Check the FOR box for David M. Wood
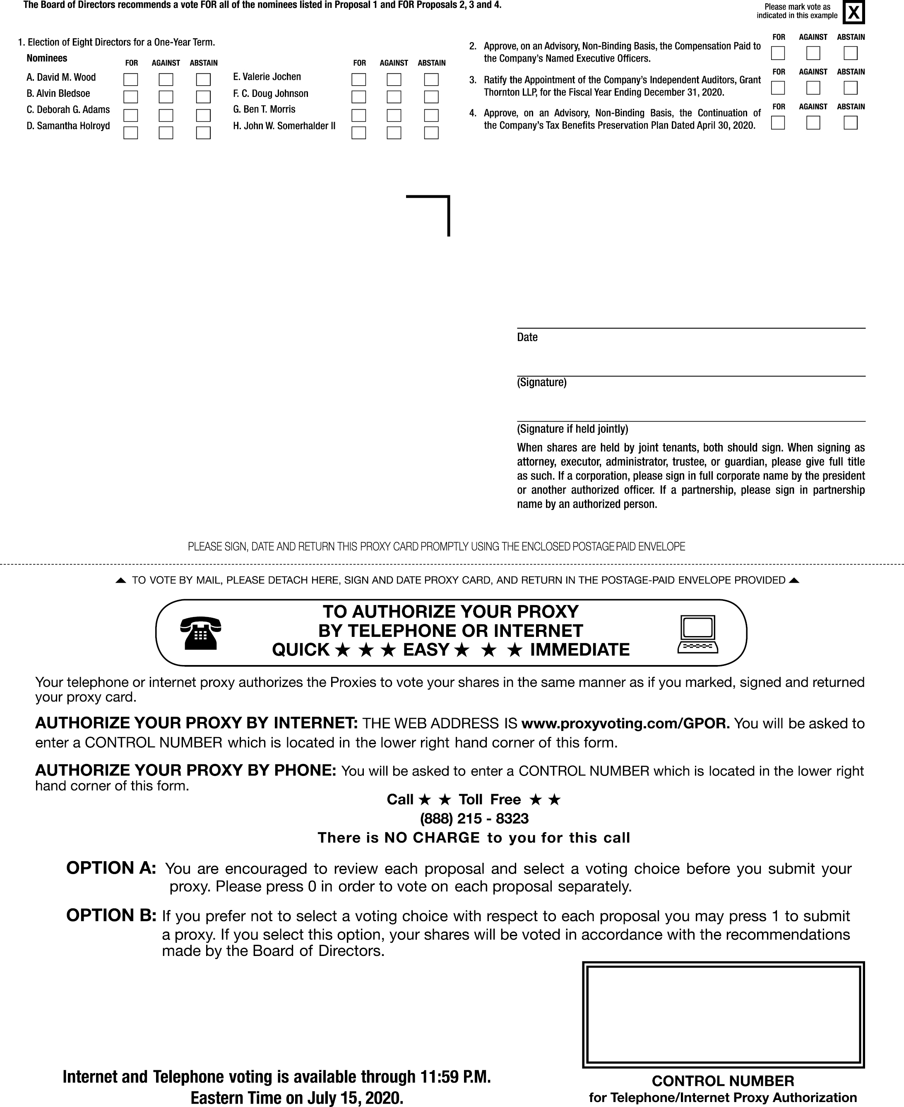(x=131, y=80)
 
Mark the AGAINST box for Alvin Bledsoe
(x=166, y=97)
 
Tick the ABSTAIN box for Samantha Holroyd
(x=203, y=133)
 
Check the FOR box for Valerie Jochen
(x=359, y=80)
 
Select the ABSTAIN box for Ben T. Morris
(x=431, y=115)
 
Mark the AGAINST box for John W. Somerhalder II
(x=394, y=133)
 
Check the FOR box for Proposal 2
(x=778, y=53)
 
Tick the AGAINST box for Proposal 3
(x=813, y=88)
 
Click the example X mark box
(x=854, y=12)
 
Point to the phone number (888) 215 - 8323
(x=474, y=819)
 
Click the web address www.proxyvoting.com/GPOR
(x=625, y=723)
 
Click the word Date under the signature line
(x=527, y=337)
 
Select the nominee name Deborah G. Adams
(x=68, y=110)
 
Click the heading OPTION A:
(x=111, y=867)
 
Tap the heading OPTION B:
(x=111, y=915)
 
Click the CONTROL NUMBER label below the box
(x=723, y=1081)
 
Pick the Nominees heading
(x=47, y=58)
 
